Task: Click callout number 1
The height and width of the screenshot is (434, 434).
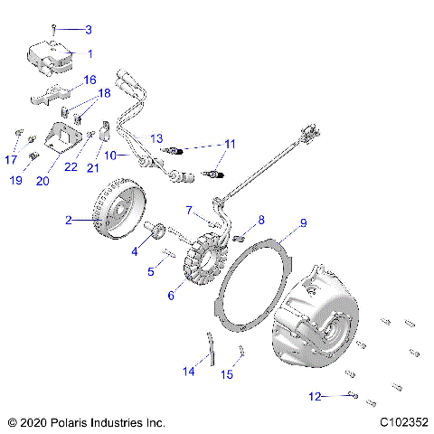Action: (x=90, y=54)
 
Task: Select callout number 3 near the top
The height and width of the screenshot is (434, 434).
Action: (x=89, y=30)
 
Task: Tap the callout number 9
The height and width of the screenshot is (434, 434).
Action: (x=278, y=222)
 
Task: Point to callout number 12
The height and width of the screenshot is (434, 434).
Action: (x=314, y=395)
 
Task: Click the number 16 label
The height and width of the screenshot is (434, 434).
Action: (x=90, y=80)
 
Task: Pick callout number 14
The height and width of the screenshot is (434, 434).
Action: (x=188, y=370)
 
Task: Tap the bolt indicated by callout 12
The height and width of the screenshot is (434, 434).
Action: (x=352, y=395)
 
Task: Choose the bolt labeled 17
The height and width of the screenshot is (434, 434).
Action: (x=18, y=137)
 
